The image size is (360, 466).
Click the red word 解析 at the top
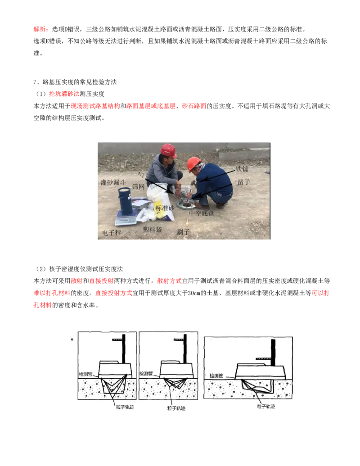40,29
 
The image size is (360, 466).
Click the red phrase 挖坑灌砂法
64,94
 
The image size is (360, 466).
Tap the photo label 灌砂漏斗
113,182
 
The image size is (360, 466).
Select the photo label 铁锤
242,169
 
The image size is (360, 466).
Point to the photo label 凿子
243,182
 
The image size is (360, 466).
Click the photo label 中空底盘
202,213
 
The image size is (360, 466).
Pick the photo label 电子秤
112,233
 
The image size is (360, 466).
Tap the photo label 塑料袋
153,229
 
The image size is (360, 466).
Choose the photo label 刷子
183,232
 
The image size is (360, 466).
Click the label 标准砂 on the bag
165,208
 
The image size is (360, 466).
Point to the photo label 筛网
138,187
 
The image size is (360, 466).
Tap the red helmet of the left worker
168,150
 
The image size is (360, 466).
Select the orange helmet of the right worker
193,163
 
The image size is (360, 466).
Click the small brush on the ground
187,222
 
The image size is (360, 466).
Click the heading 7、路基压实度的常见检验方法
75,82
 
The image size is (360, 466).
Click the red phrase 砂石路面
194,106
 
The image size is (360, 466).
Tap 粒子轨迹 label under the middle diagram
176,408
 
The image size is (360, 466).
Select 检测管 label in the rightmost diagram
216,376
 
